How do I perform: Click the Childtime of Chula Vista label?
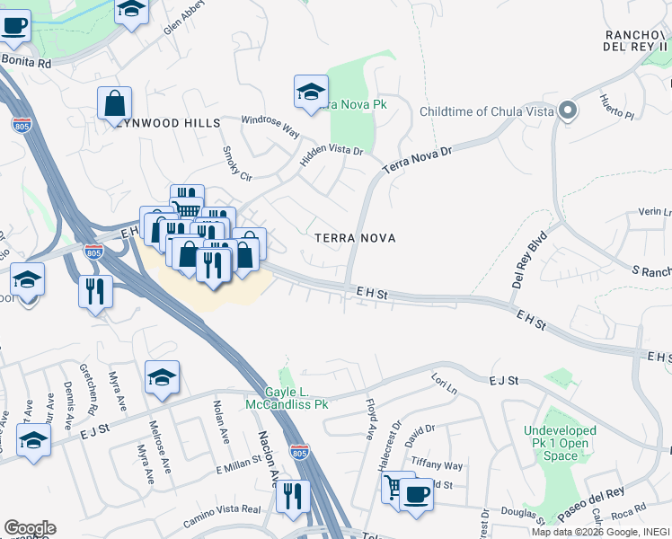[485, 111]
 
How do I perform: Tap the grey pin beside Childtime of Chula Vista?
[567, 111]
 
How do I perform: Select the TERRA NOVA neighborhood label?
[356, 237]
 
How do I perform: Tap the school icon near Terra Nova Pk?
[310, 91]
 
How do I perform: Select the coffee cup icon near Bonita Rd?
[13, 24]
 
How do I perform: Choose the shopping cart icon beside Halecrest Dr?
[393, 488]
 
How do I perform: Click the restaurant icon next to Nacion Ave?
[292, 496]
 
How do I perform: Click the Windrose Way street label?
[270, 125]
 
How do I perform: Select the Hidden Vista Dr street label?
[332, 156]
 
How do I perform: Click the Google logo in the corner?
[30, 528]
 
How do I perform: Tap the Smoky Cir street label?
[236, 163]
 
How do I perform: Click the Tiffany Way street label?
[437, 465]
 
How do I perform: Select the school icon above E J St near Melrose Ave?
[162, 376]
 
